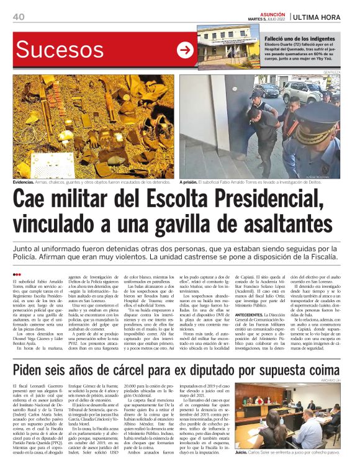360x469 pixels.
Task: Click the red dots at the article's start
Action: [17, 274]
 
